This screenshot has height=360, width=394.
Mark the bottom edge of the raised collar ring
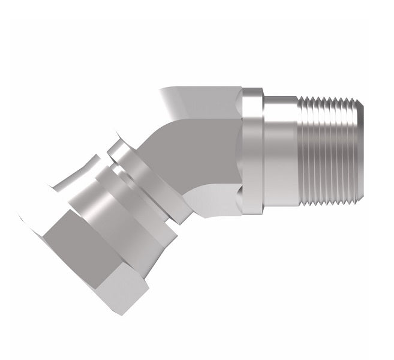(x=252, y=214)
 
